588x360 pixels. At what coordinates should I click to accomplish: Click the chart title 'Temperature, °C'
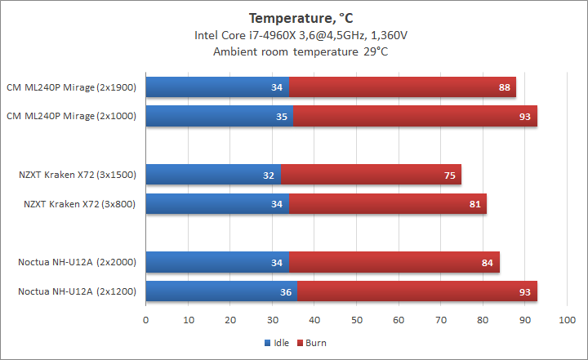[x=293, y=17]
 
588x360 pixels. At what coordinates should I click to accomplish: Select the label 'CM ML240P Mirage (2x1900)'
[x=71, y=87]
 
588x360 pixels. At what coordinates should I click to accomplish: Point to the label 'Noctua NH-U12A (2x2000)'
[x=76, y=262]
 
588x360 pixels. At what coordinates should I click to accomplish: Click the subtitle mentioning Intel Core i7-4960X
[x=293, y=35]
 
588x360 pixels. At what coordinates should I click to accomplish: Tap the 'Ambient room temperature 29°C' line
[x=293, y=51]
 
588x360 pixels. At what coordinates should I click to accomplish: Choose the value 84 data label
[x=488, y=262]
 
